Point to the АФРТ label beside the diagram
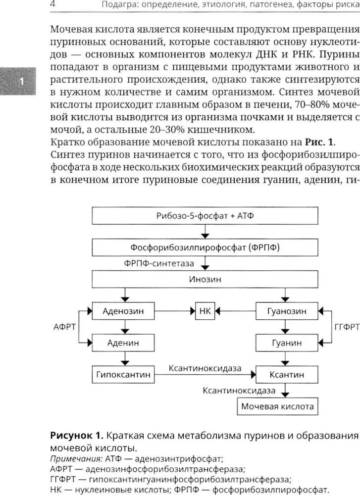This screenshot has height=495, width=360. click(x=64, y=327)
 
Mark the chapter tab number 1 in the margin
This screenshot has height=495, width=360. click(x=20, y=81)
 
